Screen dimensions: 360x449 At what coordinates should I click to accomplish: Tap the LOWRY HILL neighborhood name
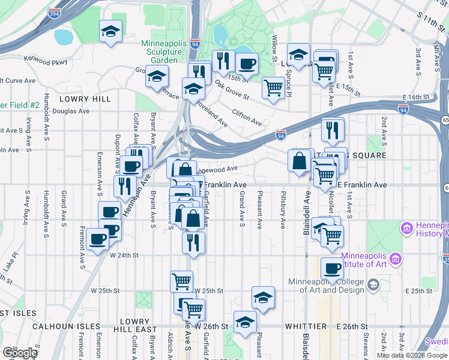(x=85, y=98)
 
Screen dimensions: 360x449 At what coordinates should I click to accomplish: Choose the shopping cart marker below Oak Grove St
(x=273, y=88)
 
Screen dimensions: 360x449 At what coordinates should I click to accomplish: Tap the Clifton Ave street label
(x=247, y=118)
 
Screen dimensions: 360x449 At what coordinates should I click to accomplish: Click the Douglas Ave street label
(x=71, y=111)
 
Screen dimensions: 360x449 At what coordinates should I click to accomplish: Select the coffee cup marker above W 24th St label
(x=97, y=239)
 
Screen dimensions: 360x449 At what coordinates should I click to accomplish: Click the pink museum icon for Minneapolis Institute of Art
(x=395, y=259)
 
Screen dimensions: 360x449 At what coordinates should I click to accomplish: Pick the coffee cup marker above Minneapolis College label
(x=332, y=269)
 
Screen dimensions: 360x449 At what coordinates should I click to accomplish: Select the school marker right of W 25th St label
(x=263, y=297)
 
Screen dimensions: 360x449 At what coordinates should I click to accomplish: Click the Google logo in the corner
(x=20, y=353)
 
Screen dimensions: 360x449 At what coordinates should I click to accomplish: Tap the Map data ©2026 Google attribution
(x=412, y=355)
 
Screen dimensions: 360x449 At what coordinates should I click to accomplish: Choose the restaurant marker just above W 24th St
(x=193, y=242)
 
